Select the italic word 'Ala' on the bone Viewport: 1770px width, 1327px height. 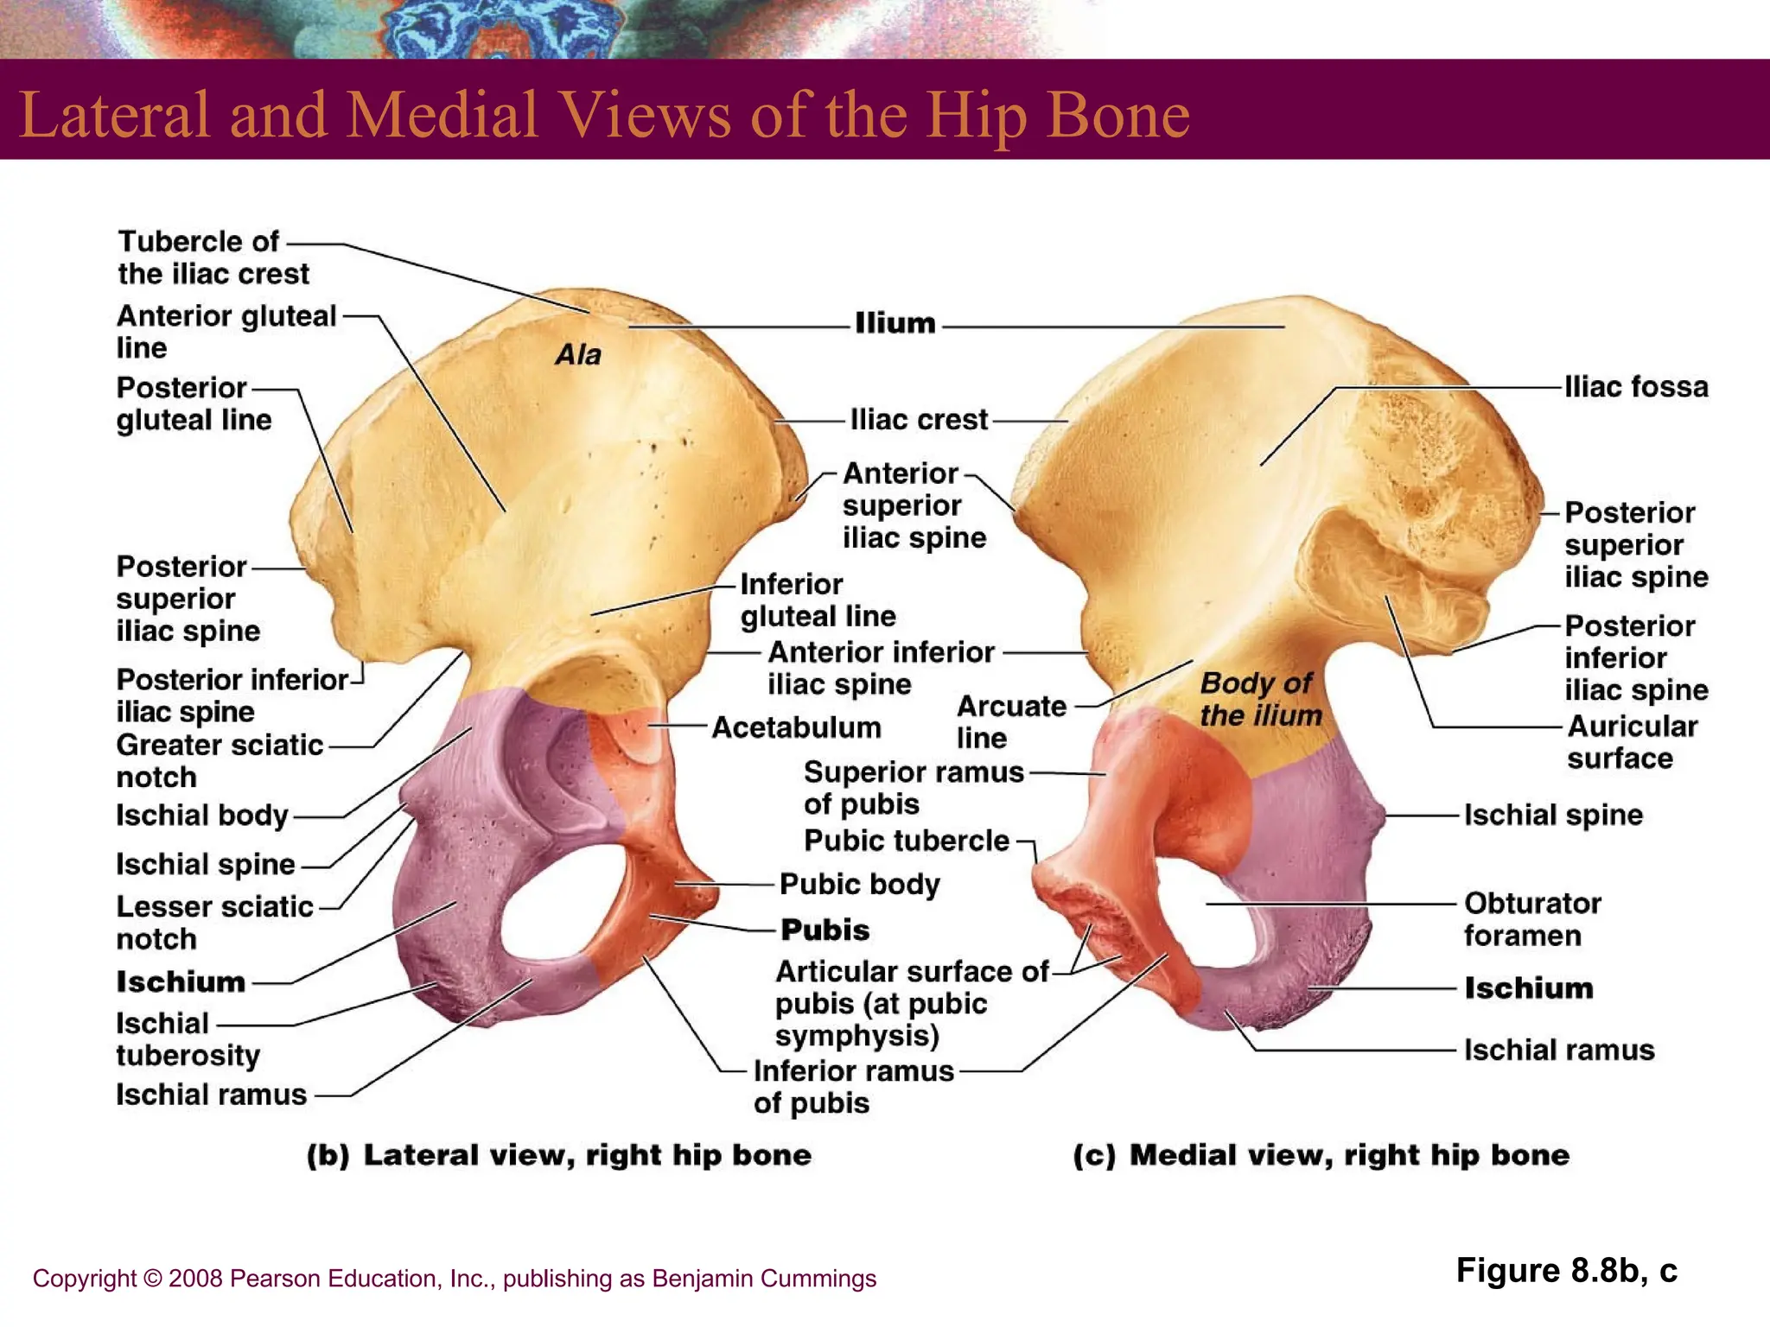point(577,354)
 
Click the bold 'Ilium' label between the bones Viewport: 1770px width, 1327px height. point(895,323)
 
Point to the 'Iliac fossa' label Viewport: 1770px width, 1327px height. point(1635,387)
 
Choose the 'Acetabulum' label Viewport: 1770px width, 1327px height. point(796,727)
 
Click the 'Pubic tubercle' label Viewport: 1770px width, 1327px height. point(906,841)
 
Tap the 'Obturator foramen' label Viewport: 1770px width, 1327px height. point(1531,919)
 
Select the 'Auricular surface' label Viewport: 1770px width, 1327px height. point(1631,742)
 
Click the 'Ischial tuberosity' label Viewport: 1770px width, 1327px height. point(188,1039)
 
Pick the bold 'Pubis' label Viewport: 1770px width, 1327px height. point(825,930)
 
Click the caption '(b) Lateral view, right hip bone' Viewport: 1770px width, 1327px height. point(559,1155)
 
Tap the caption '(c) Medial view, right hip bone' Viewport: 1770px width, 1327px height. point(1321,1155)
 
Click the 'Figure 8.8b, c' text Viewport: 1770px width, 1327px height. point(1566,1271)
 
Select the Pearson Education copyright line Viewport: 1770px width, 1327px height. point(454,1279)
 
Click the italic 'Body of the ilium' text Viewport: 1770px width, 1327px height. point(1260,699)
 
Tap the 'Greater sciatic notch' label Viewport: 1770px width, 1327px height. point(219,760)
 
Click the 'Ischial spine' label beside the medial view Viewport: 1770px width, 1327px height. point(1552,815)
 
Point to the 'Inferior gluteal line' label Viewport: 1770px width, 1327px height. point(817,600)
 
